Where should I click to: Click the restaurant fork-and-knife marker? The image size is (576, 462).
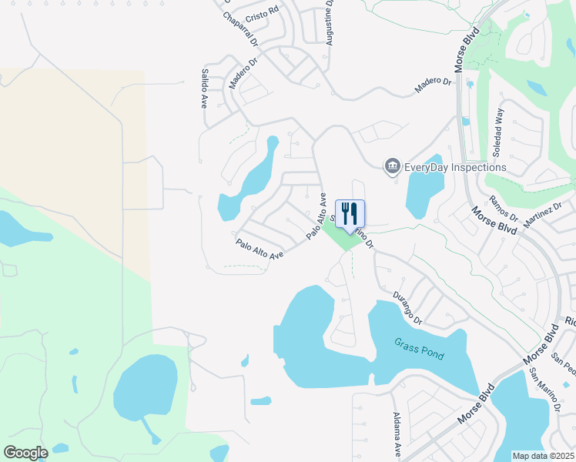pyautogui.click(x=350, y=213)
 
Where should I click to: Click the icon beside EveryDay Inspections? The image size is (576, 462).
pyautogui.click(x=392, y=166)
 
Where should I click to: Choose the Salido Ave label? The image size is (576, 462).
pyautogui.click(x=205, y=88)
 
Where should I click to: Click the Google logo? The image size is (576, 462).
pyautogui.click(x=25, y=453)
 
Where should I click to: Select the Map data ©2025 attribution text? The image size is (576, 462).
pyautogui.click(x=543, y=456)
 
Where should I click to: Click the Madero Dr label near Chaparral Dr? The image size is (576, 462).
pyautogui.click(x=242, y=65)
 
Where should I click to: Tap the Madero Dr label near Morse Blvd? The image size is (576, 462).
pyautogui.click(x=432, y=85)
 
